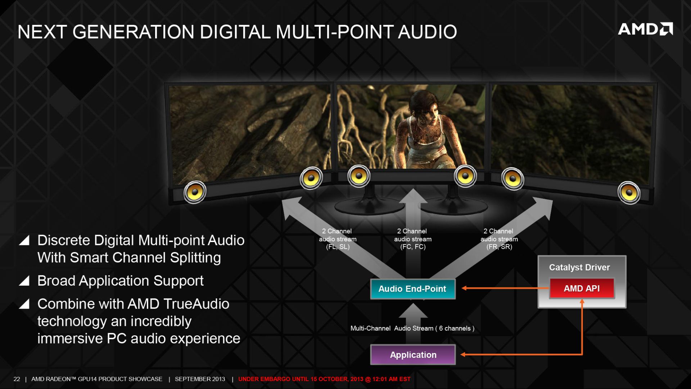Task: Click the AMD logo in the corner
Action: pos(645,29)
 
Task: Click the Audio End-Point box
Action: pos(413,289)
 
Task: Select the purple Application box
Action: pos(413,355)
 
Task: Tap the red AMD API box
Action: pos(582,289)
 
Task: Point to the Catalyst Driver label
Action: pos(579,268)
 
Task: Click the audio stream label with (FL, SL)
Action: pos(338,239)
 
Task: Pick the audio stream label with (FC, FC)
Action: pos(413,239)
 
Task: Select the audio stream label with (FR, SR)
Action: pos(499,239)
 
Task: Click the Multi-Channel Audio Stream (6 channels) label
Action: pos(412,328)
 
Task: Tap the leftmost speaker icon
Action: pos(195,192)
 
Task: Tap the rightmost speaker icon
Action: pos(629,193)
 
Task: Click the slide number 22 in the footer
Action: pos(17,379)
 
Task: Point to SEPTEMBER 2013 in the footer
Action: pos(200,379)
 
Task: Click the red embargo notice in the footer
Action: pos(324,379)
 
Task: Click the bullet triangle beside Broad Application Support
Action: pos(24,281)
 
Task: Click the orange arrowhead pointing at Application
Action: pos(463,355)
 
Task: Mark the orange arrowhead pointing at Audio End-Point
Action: pos(464,288)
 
